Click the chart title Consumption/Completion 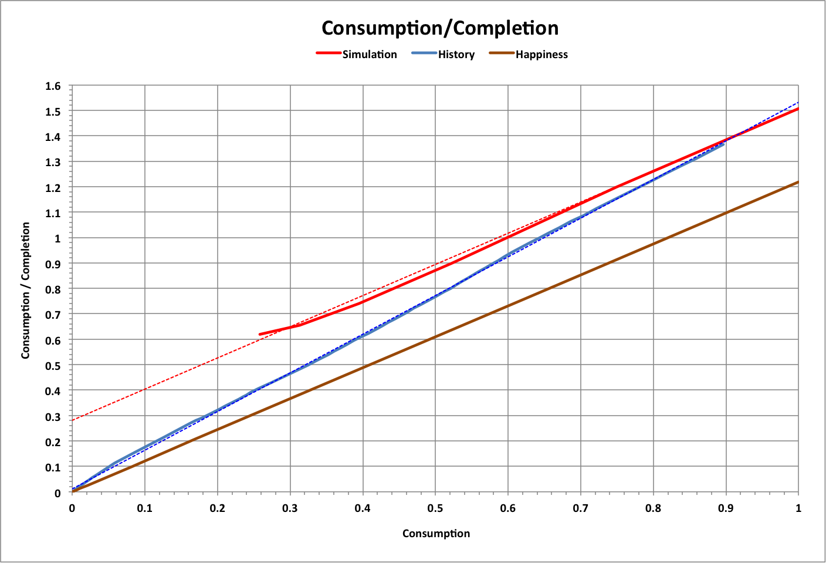click(x=440, y=28)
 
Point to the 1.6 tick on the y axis click(x=53, y=86)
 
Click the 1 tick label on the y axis click(x=57, y=239)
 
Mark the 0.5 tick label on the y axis click(x=53, y=366)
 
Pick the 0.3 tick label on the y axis click(x=53, y=417)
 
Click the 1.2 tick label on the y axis click(x=53, y=188)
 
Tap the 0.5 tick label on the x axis click(x=435, y=508)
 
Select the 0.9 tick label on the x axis click(x=726, y=508)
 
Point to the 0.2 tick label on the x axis click(x=217, y=508)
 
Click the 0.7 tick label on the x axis click(x=581, y=508)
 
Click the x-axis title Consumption click(x=436, y=534)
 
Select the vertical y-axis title click(x=26, y=291)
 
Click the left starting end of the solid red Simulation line click(x=260, y=335)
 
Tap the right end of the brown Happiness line click(x=798, y=182)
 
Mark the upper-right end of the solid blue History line click(x=724, y=144)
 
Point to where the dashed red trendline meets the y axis click(x=72, y=420)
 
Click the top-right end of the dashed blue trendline click(x=798, y=103)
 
